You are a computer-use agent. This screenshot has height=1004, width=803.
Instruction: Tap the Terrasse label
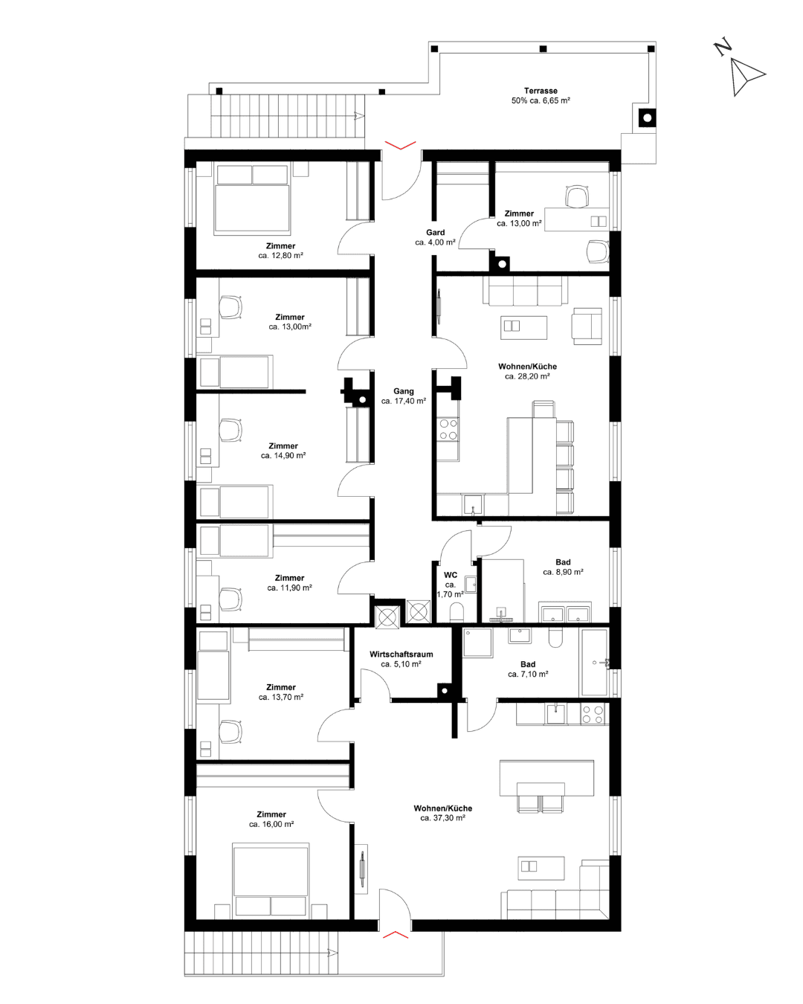tap(540, 91)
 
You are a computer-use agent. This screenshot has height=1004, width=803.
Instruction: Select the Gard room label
tap(435, 232)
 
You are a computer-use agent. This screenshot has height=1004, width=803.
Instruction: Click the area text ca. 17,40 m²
tap(403, 401)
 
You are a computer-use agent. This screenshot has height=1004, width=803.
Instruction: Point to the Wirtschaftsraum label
tap(401, 654)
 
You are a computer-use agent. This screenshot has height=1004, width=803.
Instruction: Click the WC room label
tap(450, 575)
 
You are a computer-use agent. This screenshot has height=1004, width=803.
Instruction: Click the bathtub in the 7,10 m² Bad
tap(593, 662)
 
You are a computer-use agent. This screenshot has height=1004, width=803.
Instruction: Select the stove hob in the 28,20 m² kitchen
tap(448, 429)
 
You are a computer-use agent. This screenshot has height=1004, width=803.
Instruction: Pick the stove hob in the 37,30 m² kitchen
tap(592, 714)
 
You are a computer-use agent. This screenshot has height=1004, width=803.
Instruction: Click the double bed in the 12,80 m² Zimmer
tap(251, 198)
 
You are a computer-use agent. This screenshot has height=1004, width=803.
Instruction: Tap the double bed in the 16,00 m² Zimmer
tap(270, 880)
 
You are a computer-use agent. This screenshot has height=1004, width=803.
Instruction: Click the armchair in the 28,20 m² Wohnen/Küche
tap(587, 326)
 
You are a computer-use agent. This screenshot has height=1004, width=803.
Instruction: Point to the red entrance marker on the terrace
tap(400, 145)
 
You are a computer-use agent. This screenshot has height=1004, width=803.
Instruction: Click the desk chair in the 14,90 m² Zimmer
tap(230, 430)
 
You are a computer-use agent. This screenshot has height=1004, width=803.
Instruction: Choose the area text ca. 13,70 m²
tap(280, 697)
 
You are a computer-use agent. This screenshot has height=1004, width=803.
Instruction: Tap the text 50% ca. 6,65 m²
tap(541, 100)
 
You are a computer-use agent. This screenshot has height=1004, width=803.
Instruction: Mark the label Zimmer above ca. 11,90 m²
tap(289, 578)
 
